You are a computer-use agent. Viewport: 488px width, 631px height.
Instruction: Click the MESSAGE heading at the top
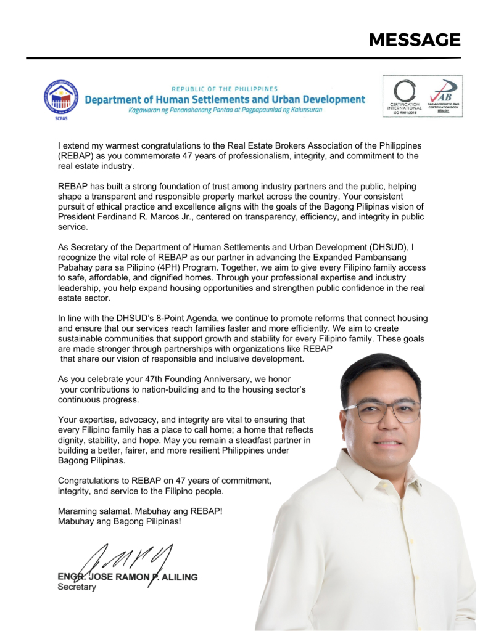pyautogui.click(x=415, y=40)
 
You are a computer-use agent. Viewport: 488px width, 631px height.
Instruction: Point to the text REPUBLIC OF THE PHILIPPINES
pyautogui.click(x=225, y=89)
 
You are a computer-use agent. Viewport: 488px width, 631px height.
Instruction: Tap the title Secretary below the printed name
pyautogui.click(x=77, y=587)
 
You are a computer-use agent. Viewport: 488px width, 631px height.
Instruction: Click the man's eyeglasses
pyautogui.click(x=382, y=412)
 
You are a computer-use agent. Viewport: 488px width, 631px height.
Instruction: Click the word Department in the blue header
pyautogui.click(x=114, y=99)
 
